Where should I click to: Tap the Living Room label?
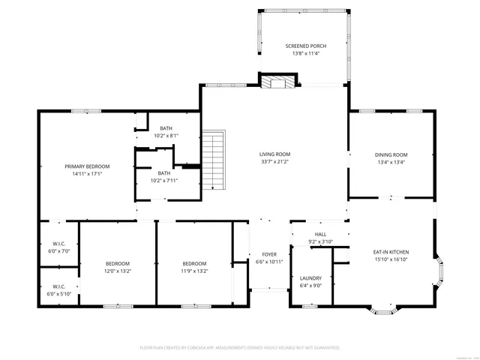point(275,154)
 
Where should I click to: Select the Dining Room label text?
point(391,154)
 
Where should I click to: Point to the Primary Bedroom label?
point(87,166)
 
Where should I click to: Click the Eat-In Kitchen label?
point(391,252)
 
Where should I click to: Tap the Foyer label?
point(269,255)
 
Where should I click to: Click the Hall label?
point(320,234)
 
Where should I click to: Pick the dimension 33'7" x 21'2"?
point(275,161)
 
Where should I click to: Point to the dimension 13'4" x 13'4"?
point(391,162)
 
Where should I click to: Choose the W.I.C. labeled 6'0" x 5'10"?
point(58,290)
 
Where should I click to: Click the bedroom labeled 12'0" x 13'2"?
point(118,267)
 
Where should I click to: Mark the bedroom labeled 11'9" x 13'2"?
point(195,267)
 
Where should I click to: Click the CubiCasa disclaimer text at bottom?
point(240,348)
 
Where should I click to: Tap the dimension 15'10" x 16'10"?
point(391,259)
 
